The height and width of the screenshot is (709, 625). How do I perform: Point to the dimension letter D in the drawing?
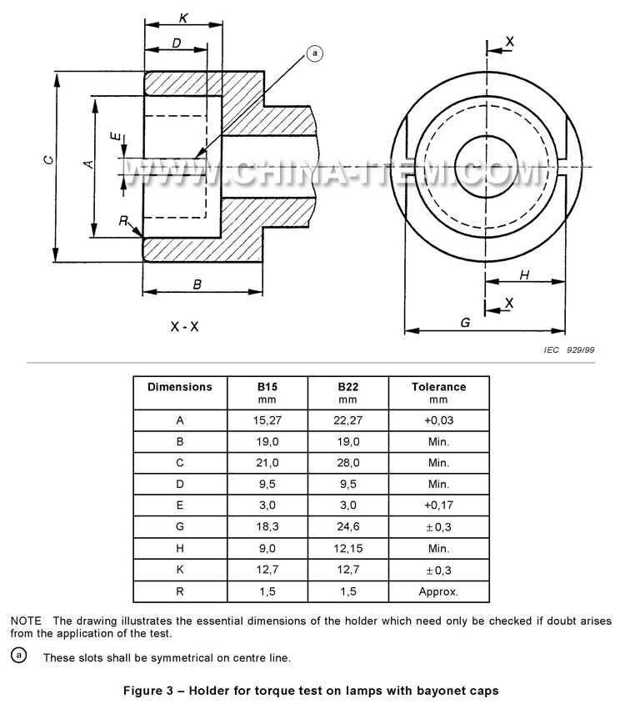pos(177,43)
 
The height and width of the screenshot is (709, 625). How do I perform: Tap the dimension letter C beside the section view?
pos(49,160)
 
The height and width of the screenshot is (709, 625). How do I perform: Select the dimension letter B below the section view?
pos(197,284)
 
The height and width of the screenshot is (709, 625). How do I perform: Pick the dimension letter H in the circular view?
pos(524,275)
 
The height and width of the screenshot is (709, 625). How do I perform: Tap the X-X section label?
pos(184,326)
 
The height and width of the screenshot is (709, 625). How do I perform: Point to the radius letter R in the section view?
pos(122,221)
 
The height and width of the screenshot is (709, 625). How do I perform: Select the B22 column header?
pos(348,387)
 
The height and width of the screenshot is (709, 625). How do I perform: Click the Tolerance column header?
pos(438,387)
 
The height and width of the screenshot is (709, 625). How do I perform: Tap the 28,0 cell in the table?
pos(348,462)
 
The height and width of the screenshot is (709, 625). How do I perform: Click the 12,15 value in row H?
pos(348,549)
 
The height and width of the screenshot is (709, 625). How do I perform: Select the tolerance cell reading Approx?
pos(438,591)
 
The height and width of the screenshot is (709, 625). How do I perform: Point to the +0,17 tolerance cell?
pos(438,505)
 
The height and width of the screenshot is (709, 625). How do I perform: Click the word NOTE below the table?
pos(27,621)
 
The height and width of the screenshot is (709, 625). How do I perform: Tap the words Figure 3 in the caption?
pos(150,691)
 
